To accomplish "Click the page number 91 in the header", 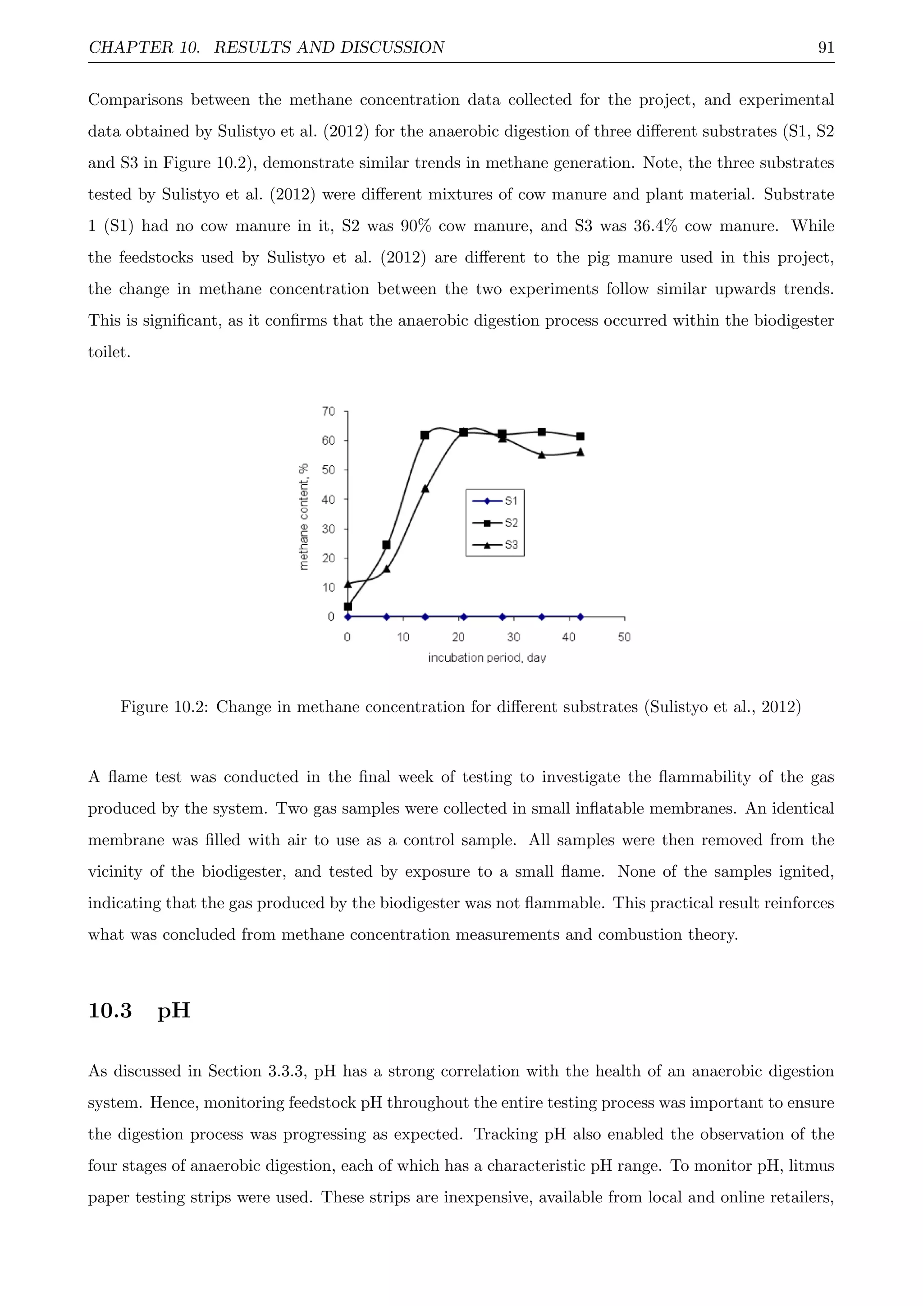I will (825, 48).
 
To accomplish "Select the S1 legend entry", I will (510, 501).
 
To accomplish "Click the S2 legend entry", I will (510, 523).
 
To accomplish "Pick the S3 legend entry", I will (510, 545).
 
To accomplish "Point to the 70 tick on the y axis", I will (329, 411).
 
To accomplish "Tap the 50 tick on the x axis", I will (624, 637).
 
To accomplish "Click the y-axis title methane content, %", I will (304, 516).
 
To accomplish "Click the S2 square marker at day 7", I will (387, 545).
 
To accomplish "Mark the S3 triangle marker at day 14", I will (425, 488).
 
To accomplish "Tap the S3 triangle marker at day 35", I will (542, 455).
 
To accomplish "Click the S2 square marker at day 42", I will (580, 436).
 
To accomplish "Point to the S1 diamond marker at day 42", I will (580, 616).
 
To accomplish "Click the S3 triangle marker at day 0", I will (348, 584).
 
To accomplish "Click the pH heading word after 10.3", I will (174, 1011).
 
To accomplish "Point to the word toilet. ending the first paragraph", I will (109, 352).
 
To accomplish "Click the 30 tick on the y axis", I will (329, 529).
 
